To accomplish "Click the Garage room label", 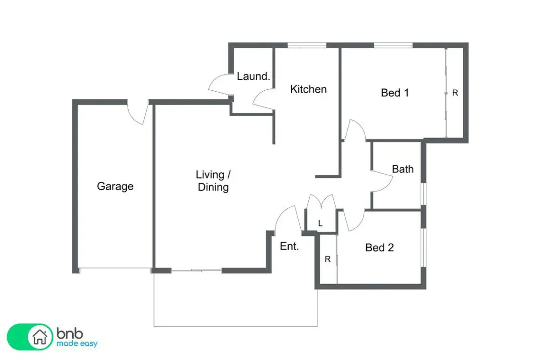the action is [x=115, y=186].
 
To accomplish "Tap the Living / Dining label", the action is [x=213, y=181].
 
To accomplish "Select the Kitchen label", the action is [x=308, y=89].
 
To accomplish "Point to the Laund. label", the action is [x=253, y=76].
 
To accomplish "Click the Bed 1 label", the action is [x=395, y=93].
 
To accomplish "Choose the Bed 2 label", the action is [x=380, y=248].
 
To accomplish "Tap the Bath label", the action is [x=403, y=169].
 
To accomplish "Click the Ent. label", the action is [x=289, y=246].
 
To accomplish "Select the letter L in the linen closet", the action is [x=320, y=224].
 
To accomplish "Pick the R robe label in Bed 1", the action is [x=455, y=93].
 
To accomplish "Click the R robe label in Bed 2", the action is [x=327, y=259].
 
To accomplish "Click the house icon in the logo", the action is [x=40, y=337].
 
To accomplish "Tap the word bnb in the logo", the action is [x=69, y=333].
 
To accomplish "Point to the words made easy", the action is [x=77, y=343].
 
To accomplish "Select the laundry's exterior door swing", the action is [x=219, y=85].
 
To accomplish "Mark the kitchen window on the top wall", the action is [x=307, y=45].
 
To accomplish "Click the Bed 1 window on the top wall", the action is [x=393, y=45].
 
